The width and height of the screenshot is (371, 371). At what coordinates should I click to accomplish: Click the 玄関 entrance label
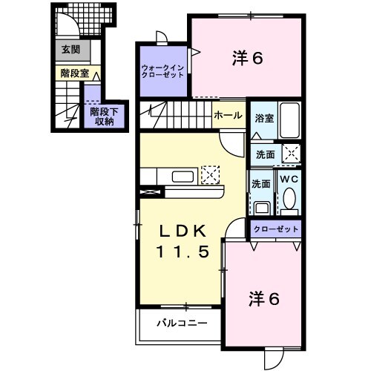(x=70, y=50)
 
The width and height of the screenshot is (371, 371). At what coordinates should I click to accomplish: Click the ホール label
(x=226, y=116)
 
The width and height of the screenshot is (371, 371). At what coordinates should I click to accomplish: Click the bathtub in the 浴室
(x=289, y=119)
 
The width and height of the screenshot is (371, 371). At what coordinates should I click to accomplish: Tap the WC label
(x=289, y=178)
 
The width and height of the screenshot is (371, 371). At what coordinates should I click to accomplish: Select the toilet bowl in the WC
(x=290, y=199)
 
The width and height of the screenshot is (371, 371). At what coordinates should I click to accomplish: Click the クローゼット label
(x=275, y=230)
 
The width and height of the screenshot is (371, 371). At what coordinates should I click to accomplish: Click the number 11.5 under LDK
(x=181, y=252)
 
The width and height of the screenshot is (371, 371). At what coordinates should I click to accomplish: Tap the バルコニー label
(x=181, y=324)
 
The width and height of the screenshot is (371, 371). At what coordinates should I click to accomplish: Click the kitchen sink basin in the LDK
(x=183, y=177)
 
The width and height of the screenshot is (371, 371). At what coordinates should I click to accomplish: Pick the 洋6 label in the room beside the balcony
(x=263, y=300)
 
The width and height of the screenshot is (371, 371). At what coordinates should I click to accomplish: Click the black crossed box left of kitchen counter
(x=148, y=191)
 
